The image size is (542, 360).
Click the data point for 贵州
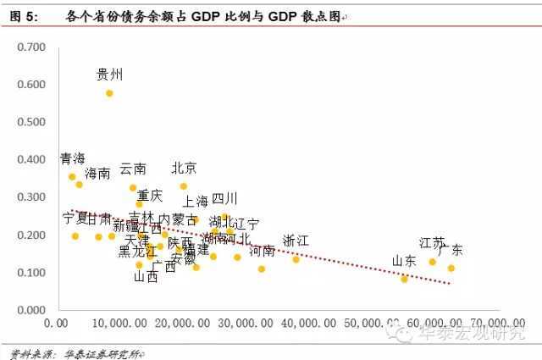click(109, 93)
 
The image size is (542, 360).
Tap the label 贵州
click(110, 75)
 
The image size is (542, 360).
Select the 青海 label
click(73, 158)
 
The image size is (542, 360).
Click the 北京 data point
click(183, 186)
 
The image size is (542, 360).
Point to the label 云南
click(133, 169)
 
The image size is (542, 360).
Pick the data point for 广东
click(451, 268)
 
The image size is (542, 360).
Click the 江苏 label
click(432, 243)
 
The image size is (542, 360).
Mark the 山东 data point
click(404, 278)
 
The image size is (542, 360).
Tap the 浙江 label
click(296, 241)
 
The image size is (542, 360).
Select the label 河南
click(263, 251)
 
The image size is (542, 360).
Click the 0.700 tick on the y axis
click(31, 47)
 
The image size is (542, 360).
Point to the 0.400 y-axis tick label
click(31, 159)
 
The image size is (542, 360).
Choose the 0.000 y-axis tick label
click(31, 310)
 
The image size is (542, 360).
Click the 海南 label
click(97, 173)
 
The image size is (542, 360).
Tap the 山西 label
click(146, 276)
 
